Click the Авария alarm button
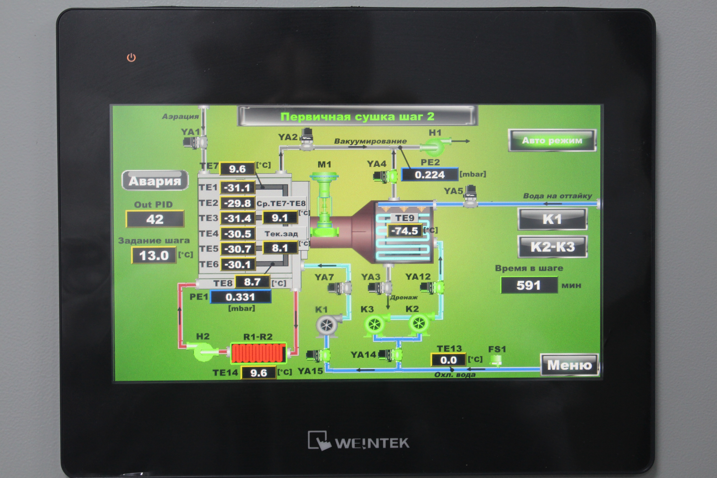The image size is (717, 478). coord(155,180)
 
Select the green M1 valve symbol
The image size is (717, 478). coord(324,204)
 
